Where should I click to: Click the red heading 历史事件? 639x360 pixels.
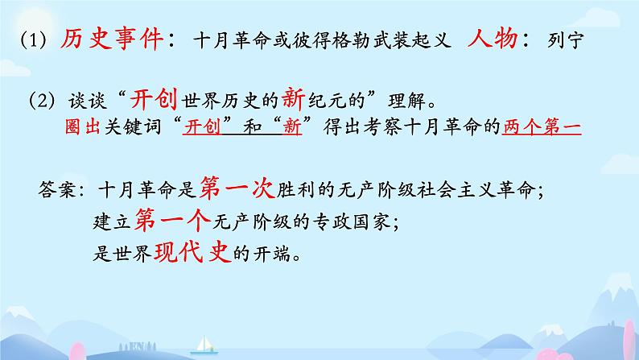pos(112,39)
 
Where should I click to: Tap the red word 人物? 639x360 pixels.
pos(493,39)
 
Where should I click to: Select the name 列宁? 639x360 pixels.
pos(566,40)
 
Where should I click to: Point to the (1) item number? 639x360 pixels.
pos(34,40)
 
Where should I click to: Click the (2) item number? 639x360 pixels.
pos(42,101)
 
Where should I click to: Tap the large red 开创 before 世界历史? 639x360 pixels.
pos(154,99)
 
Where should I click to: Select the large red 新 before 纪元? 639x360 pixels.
pos(293,99)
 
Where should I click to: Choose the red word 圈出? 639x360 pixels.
pos(82,127)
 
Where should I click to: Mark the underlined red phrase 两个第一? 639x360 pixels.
pos(542,127)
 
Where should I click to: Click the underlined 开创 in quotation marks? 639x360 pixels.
pos(202,127)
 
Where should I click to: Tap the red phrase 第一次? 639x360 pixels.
pos(237,188)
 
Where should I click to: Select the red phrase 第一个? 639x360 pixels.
pos(173,220)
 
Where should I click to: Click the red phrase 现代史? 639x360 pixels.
pos(193,252)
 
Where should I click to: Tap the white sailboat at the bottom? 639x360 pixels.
pos(204,345)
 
